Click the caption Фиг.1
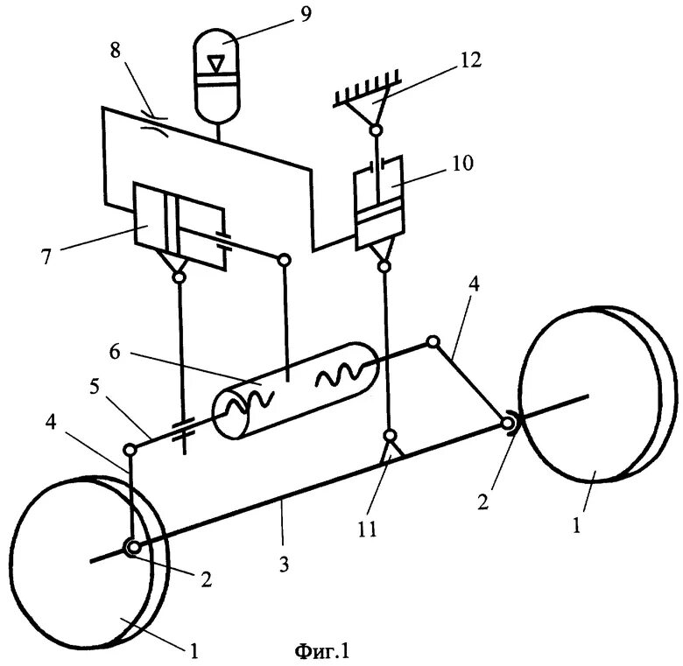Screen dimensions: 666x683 (322, 650)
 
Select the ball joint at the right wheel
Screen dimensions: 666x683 (508, 424)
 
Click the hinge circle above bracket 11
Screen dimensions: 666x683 (390, 435)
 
